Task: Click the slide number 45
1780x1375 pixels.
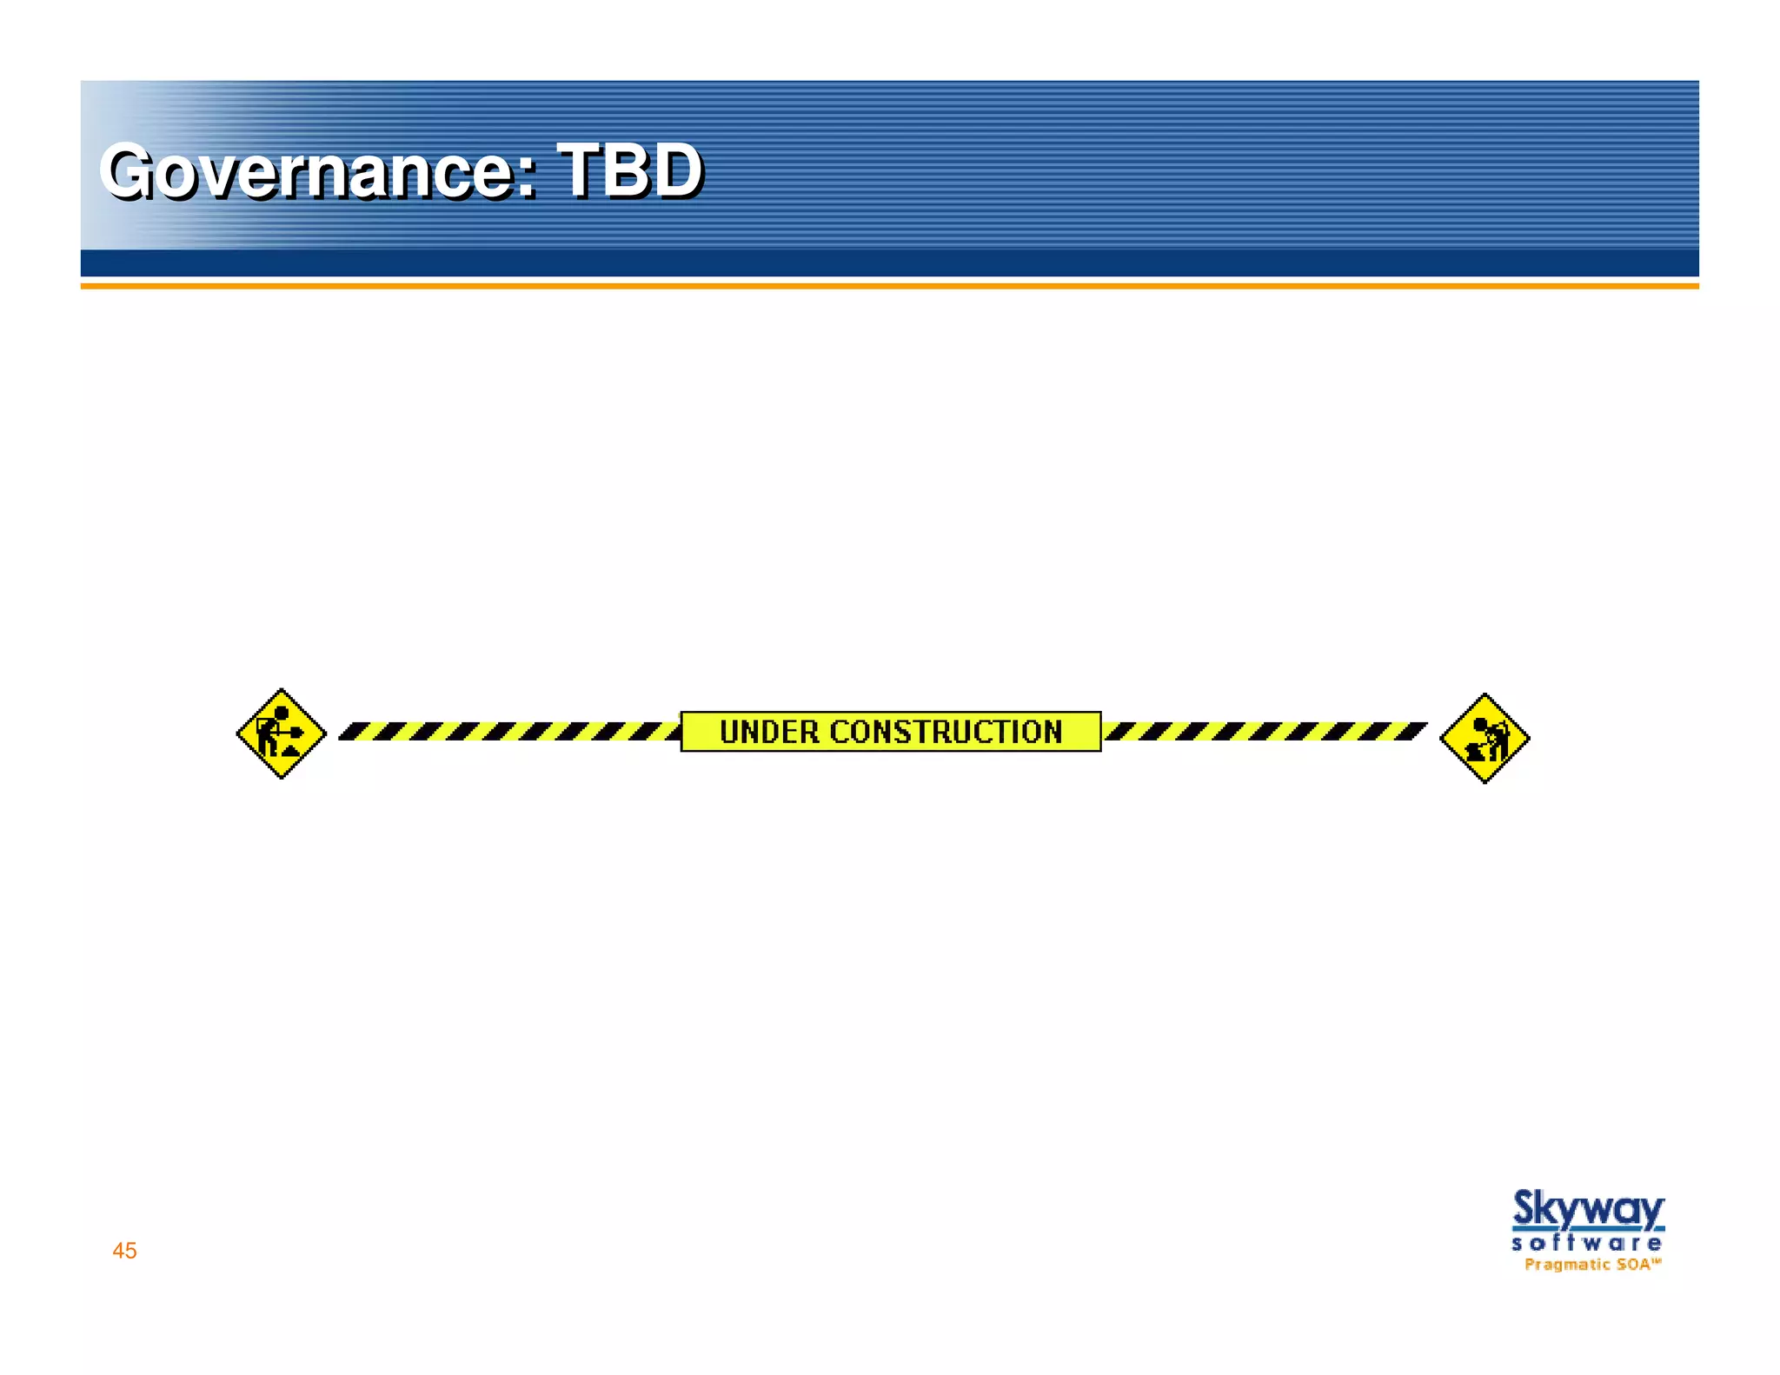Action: (124, 1251)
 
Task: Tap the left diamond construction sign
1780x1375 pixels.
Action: (281, 734)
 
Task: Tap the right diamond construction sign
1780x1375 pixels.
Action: (1484, 738)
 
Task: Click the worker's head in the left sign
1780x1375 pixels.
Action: (282, 714)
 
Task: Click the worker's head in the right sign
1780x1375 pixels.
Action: (1478, 723)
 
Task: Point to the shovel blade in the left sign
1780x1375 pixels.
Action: (296, 731)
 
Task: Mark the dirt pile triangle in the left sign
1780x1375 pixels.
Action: (289, 749)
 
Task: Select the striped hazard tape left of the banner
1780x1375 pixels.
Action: (508, 731)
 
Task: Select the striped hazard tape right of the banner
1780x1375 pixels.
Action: (1265, 731)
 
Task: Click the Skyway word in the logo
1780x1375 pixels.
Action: (1588, 1210)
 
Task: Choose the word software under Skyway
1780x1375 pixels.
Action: (1587, 1244)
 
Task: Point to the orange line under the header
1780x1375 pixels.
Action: (889, 285)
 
